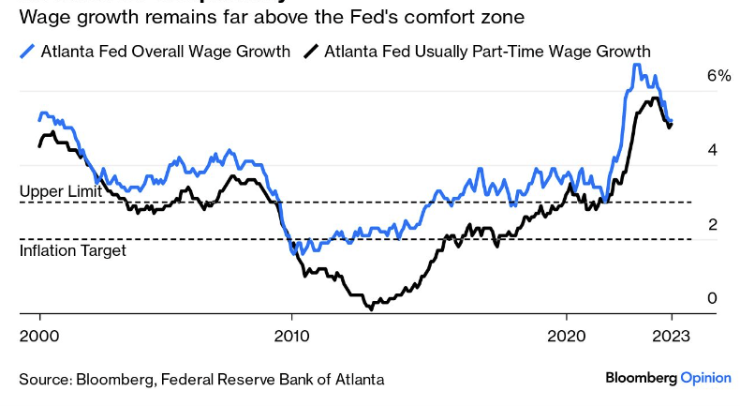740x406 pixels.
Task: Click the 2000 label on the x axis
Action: tap(38, 337)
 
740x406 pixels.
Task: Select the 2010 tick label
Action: tap(290, 337)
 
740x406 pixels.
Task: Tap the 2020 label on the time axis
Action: tap(566, 337)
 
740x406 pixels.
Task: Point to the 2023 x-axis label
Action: tap(673, 337)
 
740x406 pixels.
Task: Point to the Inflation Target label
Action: tap(73, 250)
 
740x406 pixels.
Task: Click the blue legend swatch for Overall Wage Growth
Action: tap(27, 51)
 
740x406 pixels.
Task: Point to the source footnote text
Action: tap(201, 379)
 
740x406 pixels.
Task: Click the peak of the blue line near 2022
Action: tap(636, 65)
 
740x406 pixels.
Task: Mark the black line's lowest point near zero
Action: tap(371, 307)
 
